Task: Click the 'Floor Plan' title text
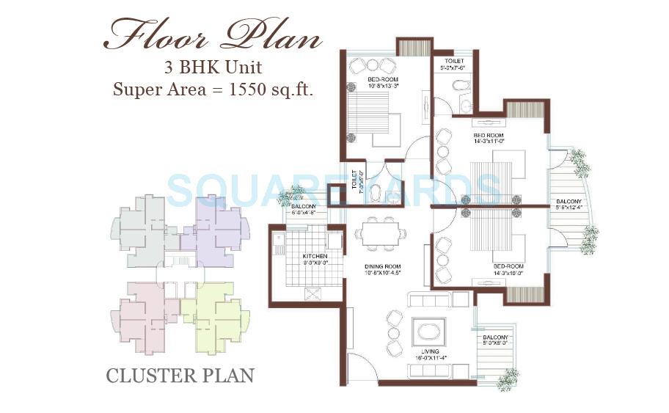point(213,34)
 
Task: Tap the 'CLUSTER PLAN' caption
point(180,376)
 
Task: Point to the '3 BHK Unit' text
point(213,69)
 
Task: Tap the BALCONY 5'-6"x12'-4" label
point(569,205)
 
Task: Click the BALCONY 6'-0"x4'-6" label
point(303,210)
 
